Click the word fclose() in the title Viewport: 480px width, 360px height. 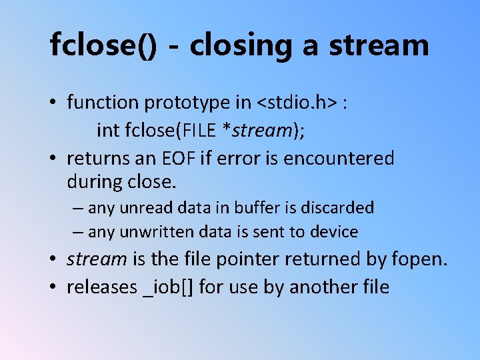tap(104, 45)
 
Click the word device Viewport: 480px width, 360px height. tap(333, 232)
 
